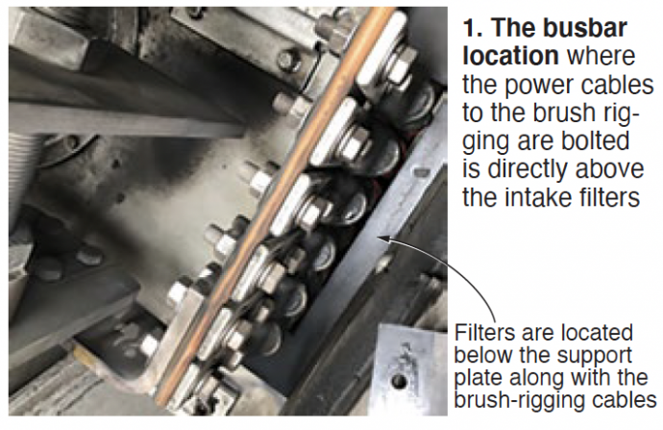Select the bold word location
point(510,56)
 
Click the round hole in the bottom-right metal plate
point(399,381)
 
